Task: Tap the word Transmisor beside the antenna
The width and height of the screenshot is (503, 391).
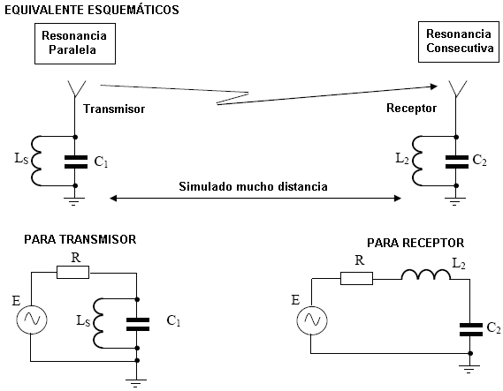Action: pos(114,109)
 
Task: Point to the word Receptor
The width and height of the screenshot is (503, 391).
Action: pos(411,109)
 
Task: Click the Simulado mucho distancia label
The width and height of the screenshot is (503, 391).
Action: pos(253,186)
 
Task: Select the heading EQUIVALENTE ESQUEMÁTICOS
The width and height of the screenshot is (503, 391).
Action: pos(92,10)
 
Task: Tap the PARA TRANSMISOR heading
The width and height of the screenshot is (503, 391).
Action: pos(80,239)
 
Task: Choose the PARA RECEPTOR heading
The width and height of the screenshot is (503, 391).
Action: pos(415,243)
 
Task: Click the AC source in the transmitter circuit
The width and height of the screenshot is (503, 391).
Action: pos(32,320)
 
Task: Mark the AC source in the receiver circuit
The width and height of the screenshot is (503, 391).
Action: pos(312,320)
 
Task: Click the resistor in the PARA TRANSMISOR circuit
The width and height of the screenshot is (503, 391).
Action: pos(72,272)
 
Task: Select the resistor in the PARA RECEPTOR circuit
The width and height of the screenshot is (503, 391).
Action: pos(356,278)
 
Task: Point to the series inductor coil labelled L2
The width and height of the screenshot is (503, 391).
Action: pos(426,274)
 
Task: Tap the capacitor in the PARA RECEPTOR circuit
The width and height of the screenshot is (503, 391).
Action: pos(471,330)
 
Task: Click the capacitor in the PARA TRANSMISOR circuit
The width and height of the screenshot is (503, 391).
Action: pos(138,324)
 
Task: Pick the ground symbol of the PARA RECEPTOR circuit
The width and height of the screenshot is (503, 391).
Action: pos(469,369)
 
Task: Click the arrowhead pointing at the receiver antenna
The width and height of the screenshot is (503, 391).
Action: pos(434,86)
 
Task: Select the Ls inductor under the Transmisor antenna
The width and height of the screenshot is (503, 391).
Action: pos(36,161)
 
